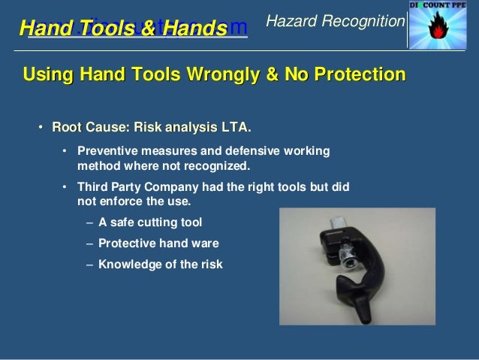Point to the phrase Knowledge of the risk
tap(161, 265)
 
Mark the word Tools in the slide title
tap(110, 29)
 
